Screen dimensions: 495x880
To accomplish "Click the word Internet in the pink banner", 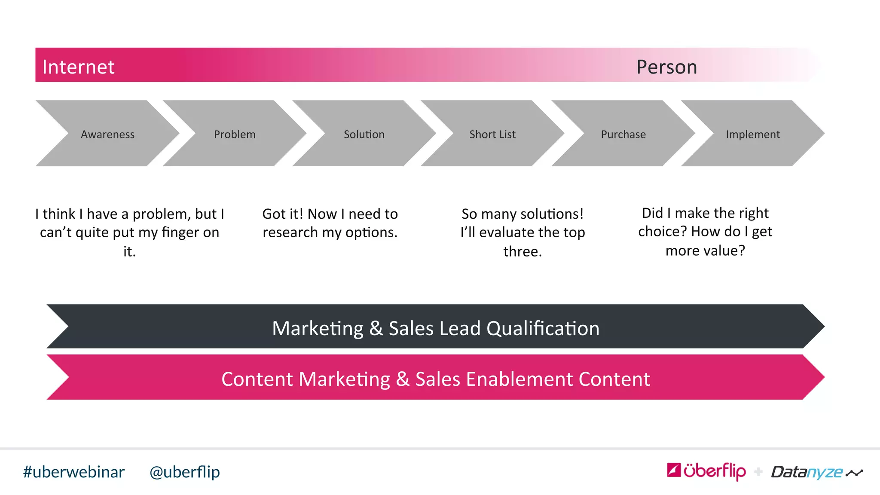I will [78, 67].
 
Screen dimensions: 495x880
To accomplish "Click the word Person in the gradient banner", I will [666, 67].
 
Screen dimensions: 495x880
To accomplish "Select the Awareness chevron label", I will [107, 134].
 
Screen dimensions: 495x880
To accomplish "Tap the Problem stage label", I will [235, 134].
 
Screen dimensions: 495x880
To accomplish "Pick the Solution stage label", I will [364, 134].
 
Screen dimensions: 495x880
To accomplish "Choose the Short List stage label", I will [492, 134].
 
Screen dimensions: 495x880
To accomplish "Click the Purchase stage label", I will [623, 134].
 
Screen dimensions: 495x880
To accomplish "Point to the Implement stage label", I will [753, 134].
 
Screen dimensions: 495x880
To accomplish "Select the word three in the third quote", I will [522, 251].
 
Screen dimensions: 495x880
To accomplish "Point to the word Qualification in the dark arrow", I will [543, 329].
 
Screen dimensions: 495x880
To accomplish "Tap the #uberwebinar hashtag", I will [74, 472].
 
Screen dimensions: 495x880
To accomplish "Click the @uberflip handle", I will [185, 472].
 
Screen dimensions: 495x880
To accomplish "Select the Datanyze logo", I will [807, 472].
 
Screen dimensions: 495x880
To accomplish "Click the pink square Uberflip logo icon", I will [674, 470].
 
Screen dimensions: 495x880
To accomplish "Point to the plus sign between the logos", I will [758, 472].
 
